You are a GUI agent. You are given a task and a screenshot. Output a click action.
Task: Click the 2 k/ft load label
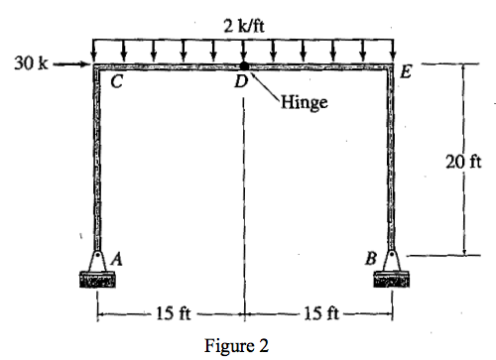(x=242, y=24)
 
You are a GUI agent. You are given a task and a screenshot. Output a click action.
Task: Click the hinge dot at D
(x=243, y=66)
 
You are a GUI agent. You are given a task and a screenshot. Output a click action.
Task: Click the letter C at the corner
(x=116, y=83)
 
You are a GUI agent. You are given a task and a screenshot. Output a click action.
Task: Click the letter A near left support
(x=117, y=257)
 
